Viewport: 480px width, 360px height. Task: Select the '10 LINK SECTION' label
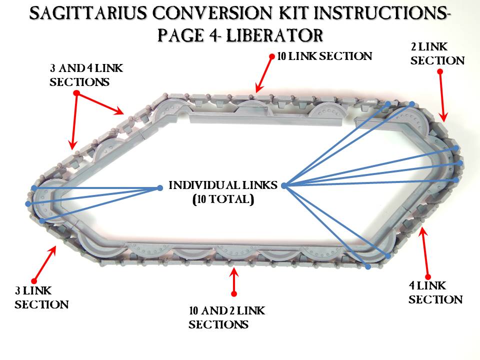coord(324,56)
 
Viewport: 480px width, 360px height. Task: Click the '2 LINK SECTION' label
coord(437,54)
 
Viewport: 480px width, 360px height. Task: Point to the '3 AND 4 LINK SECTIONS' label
coord(86,74)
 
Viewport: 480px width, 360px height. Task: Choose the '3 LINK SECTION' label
coord(41,297)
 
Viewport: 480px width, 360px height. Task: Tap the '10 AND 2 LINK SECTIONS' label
coord(226,317)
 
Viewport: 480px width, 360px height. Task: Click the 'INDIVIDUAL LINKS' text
coord(223,185)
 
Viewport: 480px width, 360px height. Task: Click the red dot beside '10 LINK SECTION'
coord(271,56)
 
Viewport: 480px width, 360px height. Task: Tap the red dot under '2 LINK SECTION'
coord(440,71)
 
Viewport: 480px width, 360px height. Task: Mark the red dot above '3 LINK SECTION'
coord(33,281)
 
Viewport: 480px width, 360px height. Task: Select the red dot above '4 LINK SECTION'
coord(427,276)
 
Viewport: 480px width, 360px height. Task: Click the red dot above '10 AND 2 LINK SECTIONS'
coord(233,293)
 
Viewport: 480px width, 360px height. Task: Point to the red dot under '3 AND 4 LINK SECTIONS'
coord(76,93)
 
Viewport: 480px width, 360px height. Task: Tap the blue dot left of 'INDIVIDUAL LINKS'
coord(160,188)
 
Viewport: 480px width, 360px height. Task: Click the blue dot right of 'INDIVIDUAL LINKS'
coord(284,185)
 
